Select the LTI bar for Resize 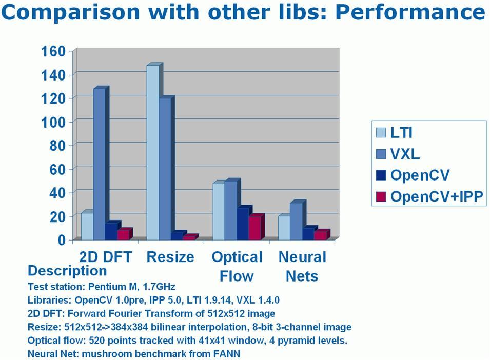153,152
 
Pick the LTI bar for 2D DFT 87,226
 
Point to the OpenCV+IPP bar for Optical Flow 255,227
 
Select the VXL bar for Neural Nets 296,221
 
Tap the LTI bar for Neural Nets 284,227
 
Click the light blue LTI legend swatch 381,133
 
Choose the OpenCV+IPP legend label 436,196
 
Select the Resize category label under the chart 170,256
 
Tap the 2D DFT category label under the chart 106,256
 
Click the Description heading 67,271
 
